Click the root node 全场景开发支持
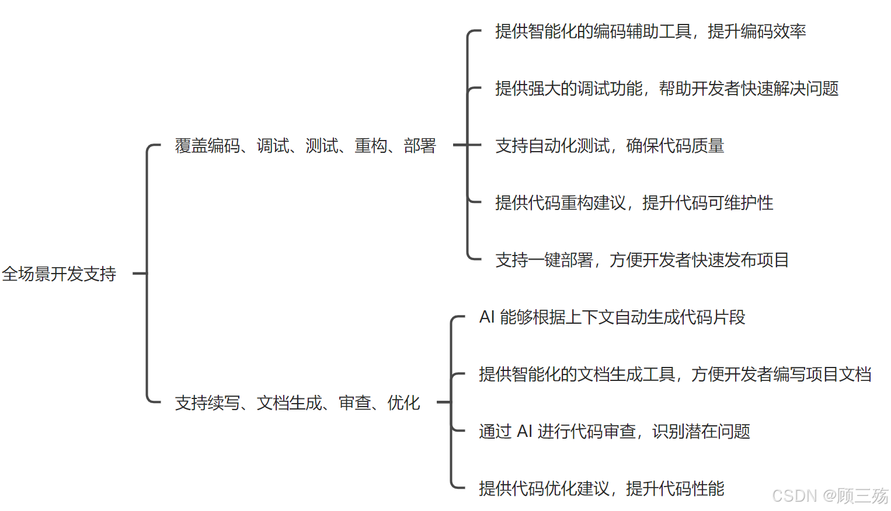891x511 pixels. point(59,274)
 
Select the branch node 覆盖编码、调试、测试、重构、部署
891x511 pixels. point(305,145)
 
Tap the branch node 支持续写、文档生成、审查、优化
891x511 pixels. point(297,402)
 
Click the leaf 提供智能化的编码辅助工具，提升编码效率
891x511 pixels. point(650,31)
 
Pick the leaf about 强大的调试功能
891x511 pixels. point(666,88)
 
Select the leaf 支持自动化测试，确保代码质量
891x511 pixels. point(610,145)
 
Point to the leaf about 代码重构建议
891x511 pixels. point(634,202)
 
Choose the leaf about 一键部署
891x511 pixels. point(642,260)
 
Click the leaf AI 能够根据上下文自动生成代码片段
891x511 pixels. point(612,317)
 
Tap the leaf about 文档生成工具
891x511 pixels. point(674,374)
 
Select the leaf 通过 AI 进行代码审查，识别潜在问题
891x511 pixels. point(614,431)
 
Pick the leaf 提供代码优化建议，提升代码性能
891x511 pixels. point(601,488)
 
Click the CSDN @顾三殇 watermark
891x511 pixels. point(829,496)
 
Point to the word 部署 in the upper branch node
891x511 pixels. point(420,145)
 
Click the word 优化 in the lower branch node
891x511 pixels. point(403,402)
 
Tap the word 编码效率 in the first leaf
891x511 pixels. point(773,31)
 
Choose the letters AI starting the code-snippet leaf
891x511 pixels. point(487,317)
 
